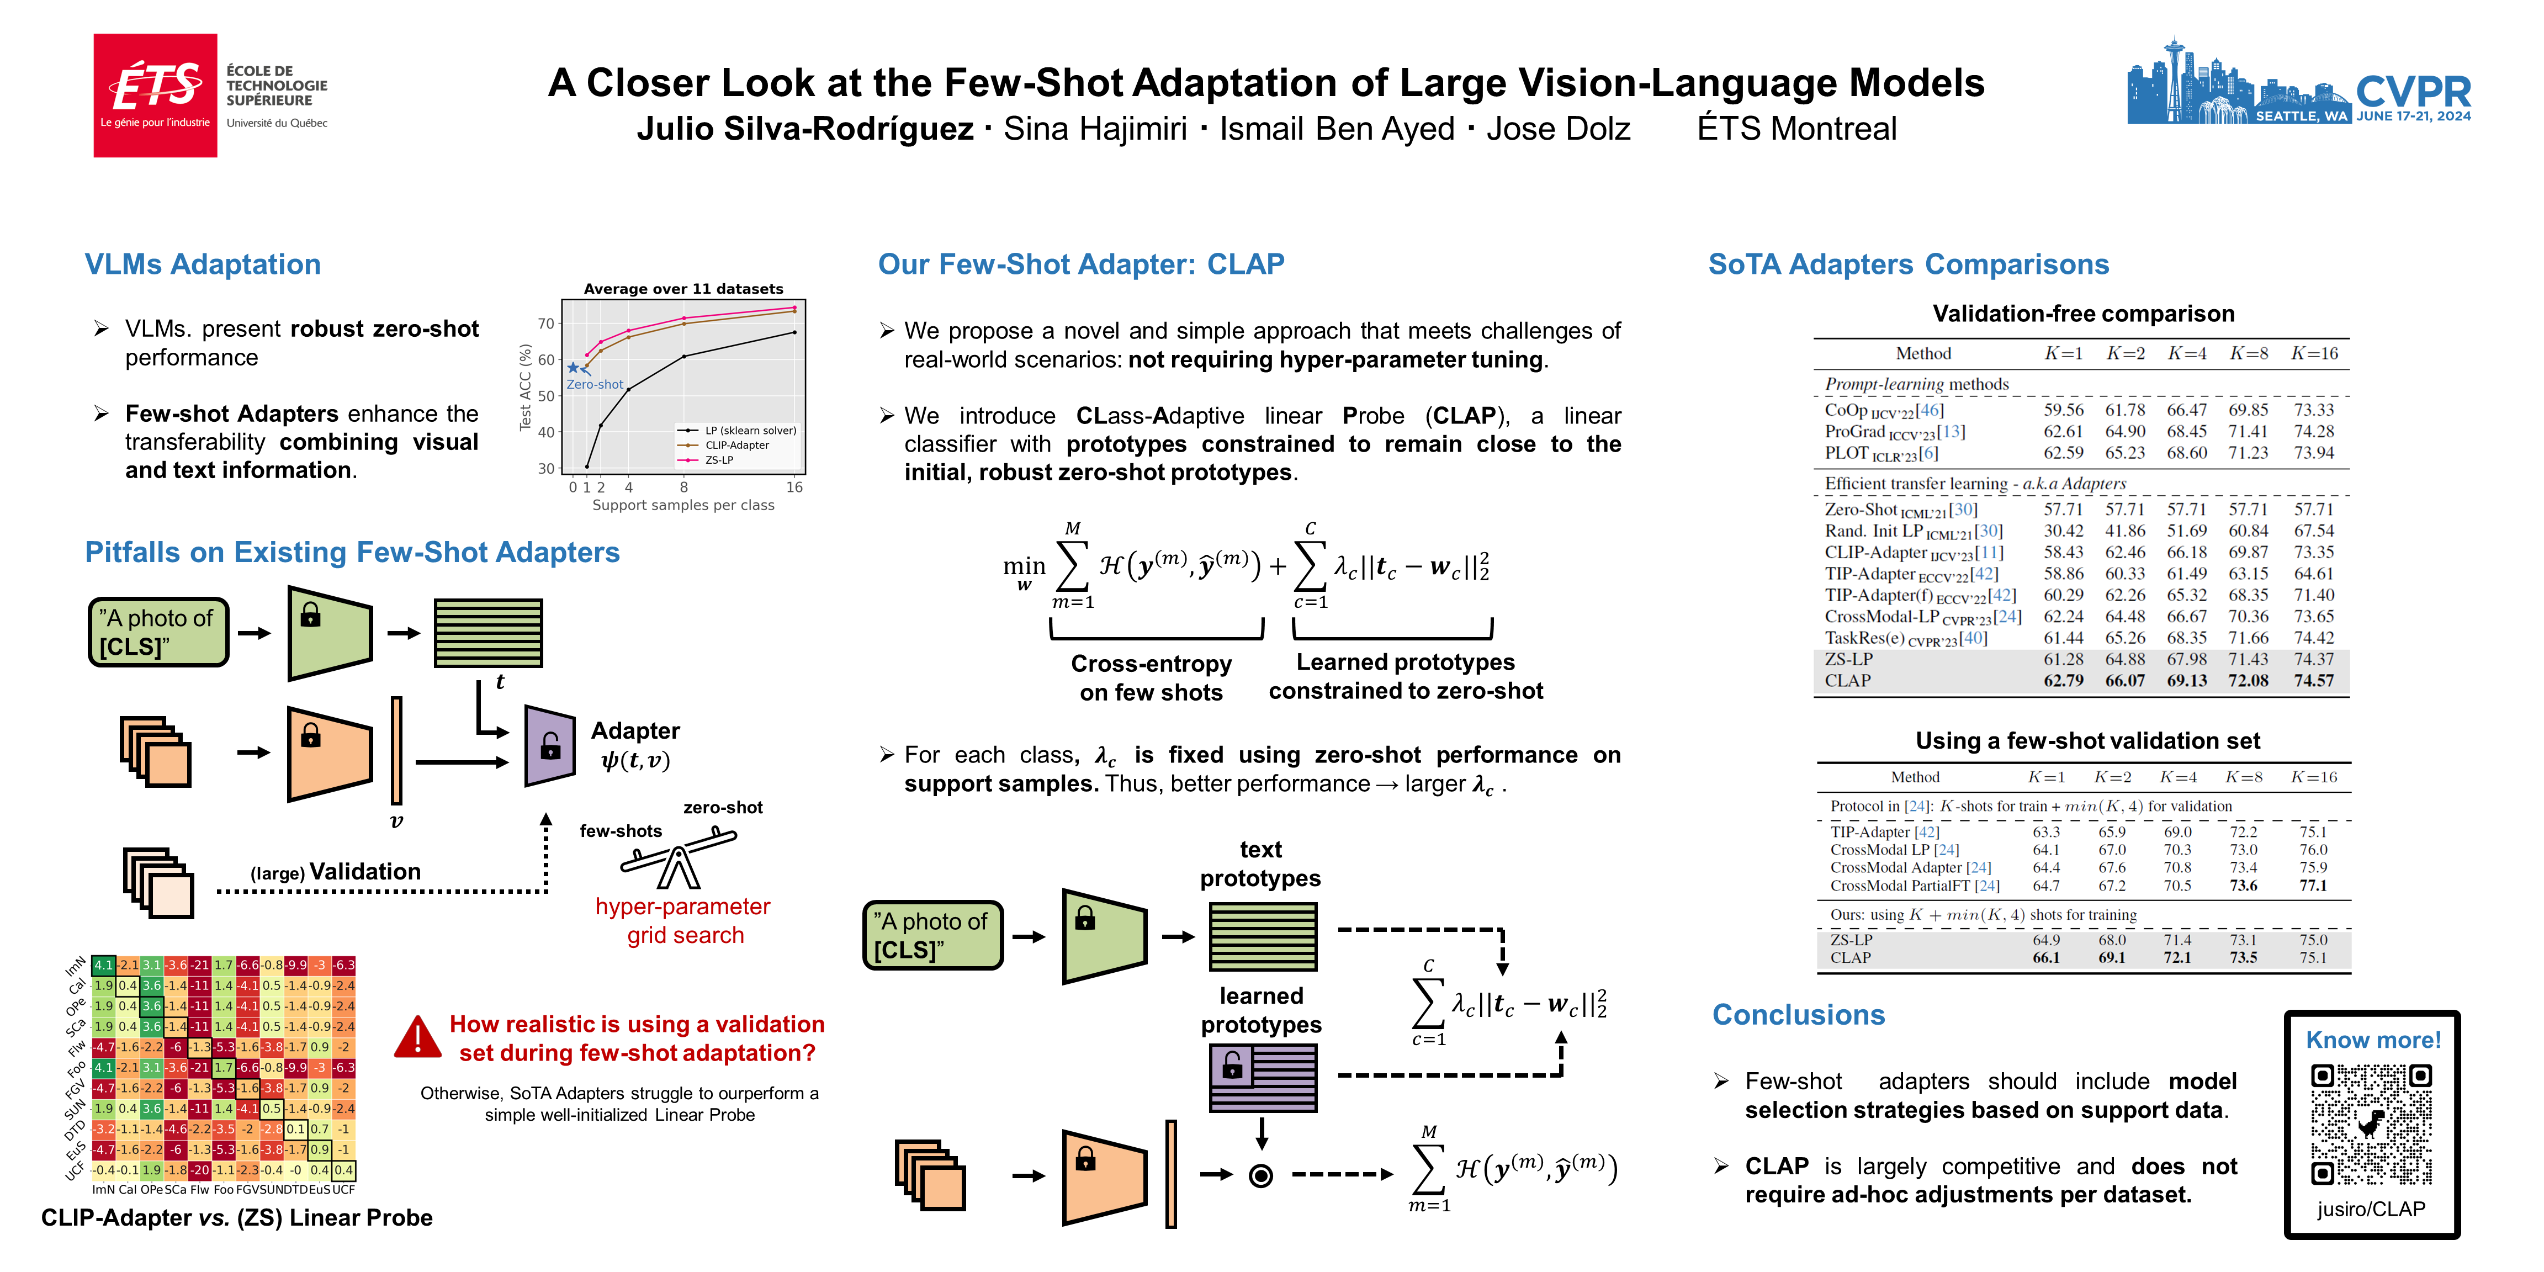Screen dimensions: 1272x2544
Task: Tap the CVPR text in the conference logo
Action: coord(2413,92)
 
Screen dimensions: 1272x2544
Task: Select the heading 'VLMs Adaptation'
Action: coord(203,264)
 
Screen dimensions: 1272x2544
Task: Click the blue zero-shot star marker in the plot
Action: coord(573,367)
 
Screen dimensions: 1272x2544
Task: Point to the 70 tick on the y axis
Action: coord(546,324)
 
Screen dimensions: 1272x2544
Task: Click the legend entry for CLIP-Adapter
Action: coord(736,446)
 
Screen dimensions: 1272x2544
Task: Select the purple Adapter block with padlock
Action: coord(550,746)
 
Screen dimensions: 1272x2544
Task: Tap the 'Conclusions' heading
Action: coord(1798,1015)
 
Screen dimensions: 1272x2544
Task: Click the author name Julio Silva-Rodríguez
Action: coord(805,129)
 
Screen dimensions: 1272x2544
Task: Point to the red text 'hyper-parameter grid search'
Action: coord(683,920)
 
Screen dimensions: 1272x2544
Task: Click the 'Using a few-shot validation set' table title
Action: coord(2087,741)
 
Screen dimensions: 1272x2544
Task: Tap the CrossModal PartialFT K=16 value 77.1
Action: coord(2312,886)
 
